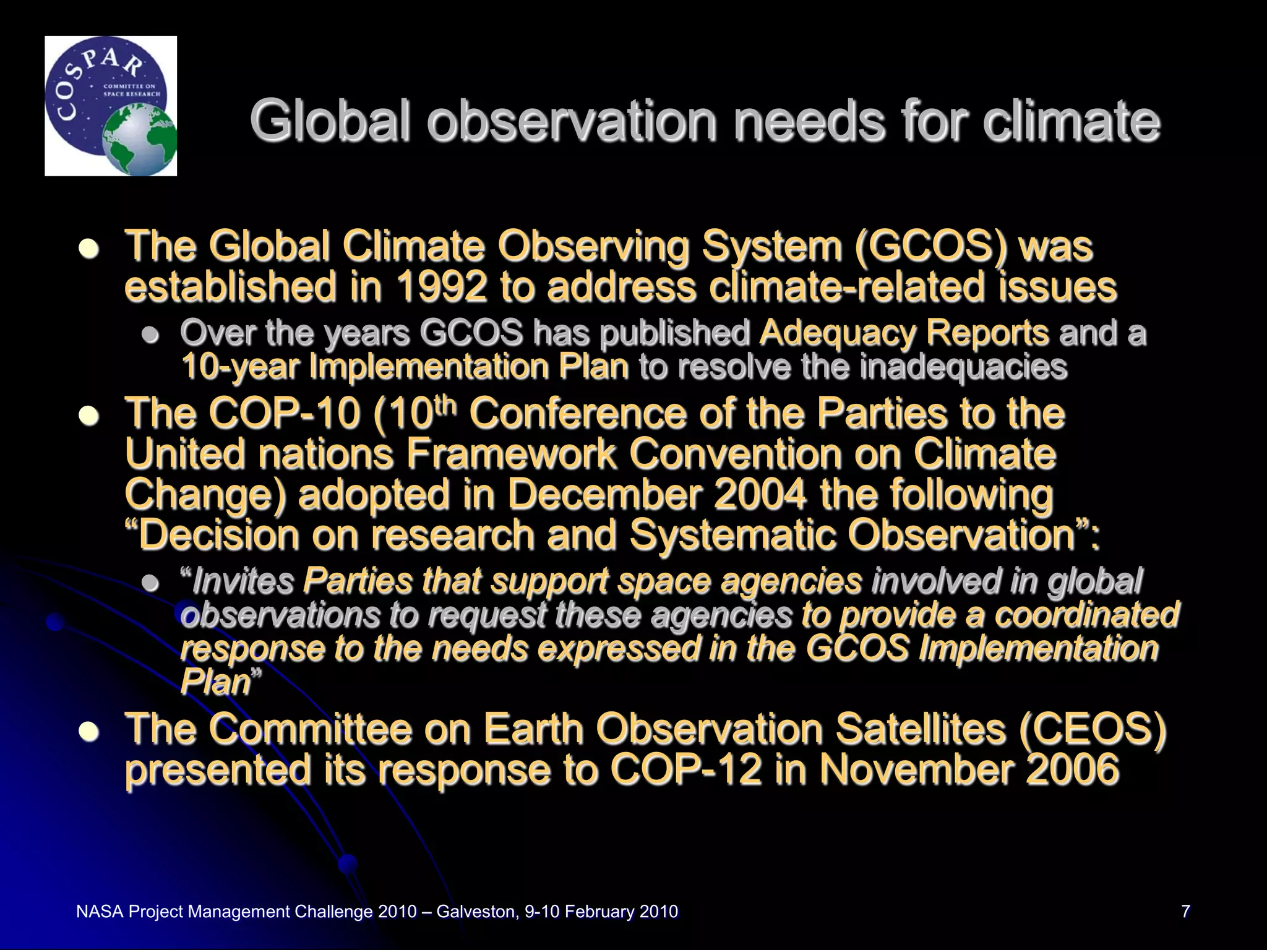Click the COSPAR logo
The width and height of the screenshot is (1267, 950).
111,106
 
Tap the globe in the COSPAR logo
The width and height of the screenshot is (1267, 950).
140,140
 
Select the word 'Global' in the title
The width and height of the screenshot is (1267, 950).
331,121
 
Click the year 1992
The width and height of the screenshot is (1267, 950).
441,287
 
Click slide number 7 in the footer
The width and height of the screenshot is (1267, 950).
1185,911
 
